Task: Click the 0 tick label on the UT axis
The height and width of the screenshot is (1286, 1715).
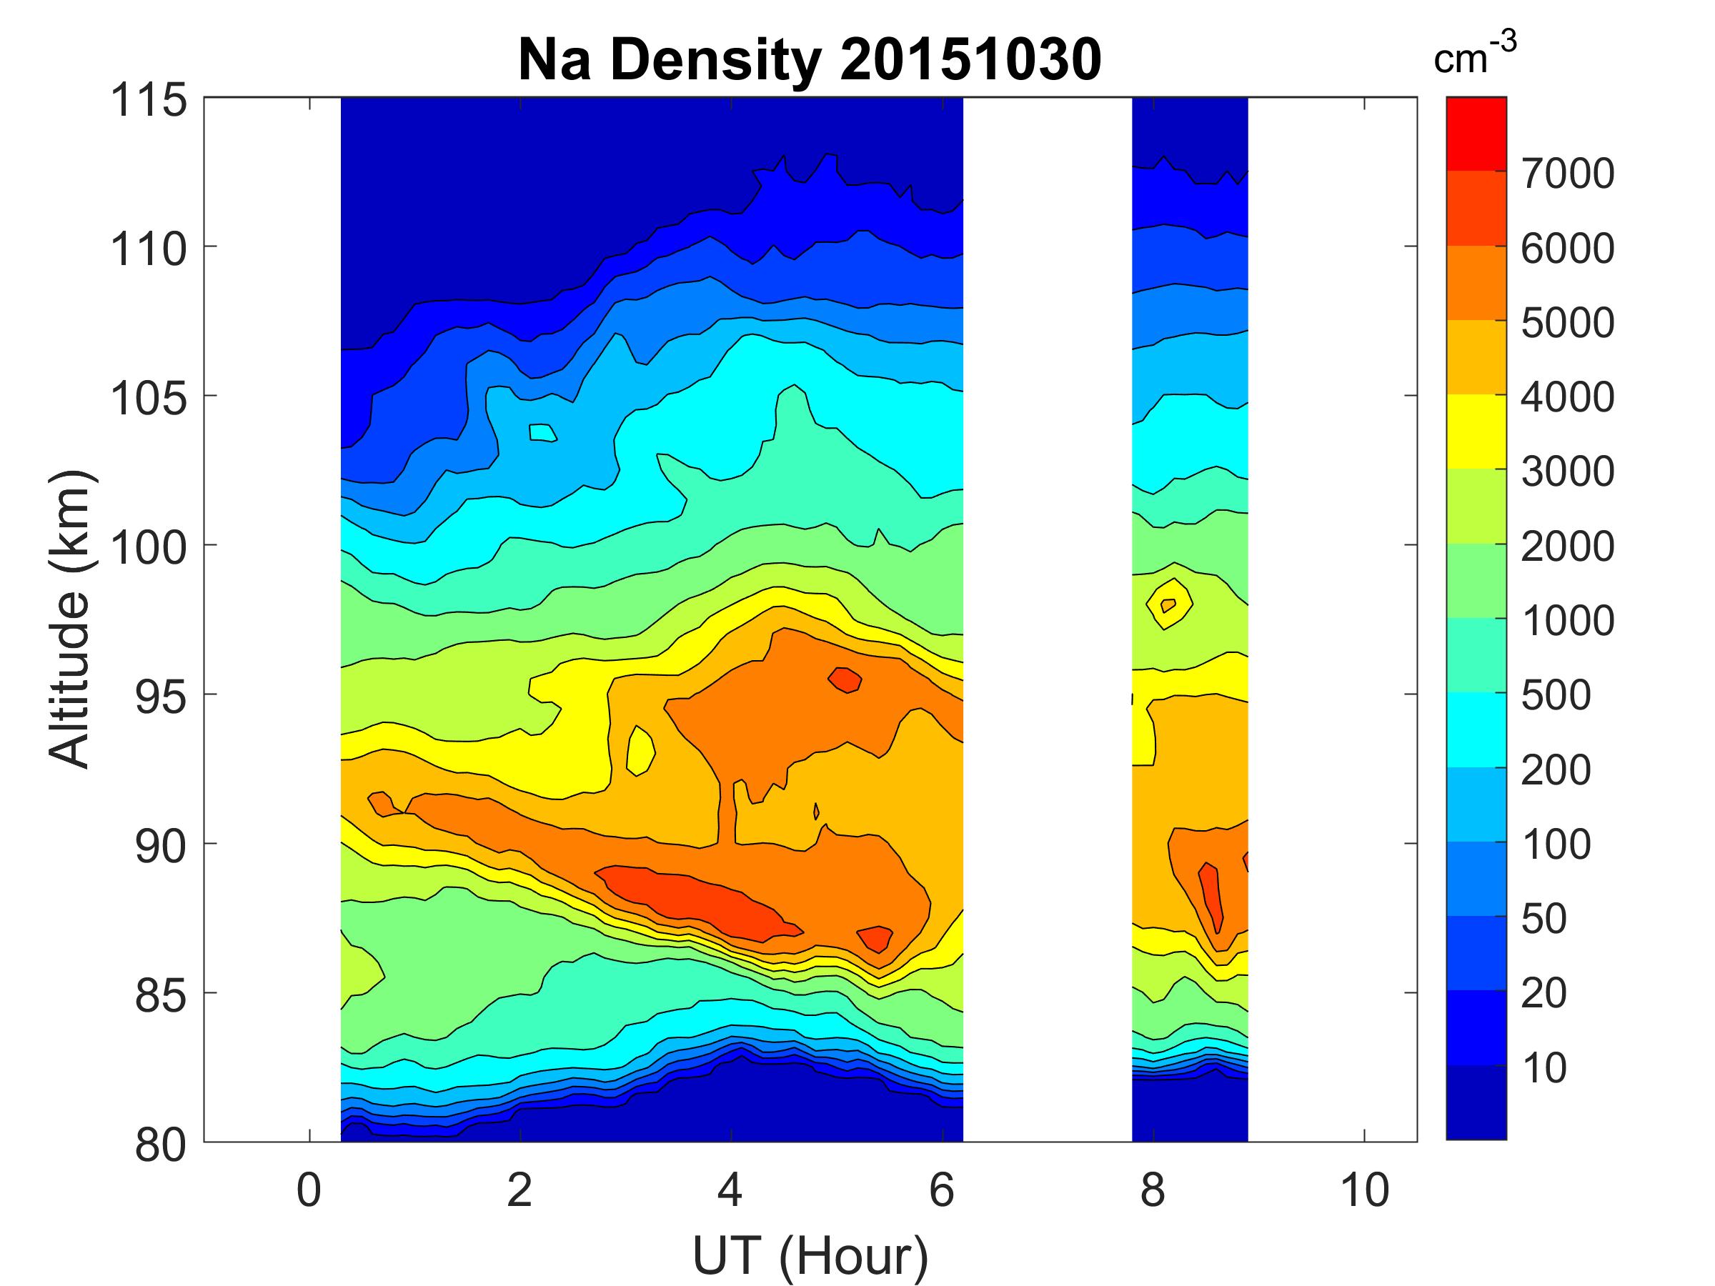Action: pos(309,1190)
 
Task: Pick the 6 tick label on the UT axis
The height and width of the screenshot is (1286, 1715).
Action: pos(941,1190)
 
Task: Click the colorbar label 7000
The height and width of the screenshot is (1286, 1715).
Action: pos(1568,174)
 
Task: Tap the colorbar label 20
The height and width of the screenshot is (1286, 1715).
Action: pos(1543,993)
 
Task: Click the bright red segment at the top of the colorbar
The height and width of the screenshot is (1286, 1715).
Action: pos(1476,134)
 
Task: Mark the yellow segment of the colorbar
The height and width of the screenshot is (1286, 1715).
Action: pos(1476,431)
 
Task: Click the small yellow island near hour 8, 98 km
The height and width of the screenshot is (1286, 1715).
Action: pos(1168,604)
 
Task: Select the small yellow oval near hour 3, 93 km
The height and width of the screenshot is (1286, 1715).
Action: pos(640,750)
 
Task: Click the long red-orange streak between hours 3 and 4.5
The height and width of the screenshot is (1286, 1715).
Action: pos(697,899)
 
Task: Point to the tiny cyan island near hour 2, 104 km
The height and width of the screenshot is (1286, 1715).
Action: pos(542,432)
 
